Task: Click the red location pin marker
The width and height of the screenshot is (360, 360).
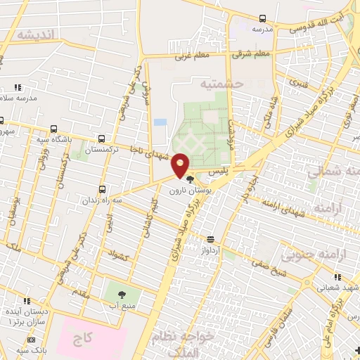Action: [181, 165]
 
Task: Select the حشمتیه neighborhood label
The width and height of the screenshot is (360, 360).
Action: [220, 84]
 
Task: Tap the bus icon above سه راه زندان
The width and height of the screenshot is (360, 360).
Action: [103, 189]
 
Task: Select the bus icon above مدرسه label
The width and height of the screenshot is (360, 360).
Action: [262, 19]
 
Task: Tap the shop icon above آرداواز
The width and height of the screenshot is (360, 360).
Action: [211, 240]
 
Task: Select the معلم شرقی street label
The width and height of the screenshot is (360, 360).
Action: [254, 53]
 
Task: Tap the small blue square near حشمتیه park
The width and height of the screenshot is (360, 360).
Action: [160, 122]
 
